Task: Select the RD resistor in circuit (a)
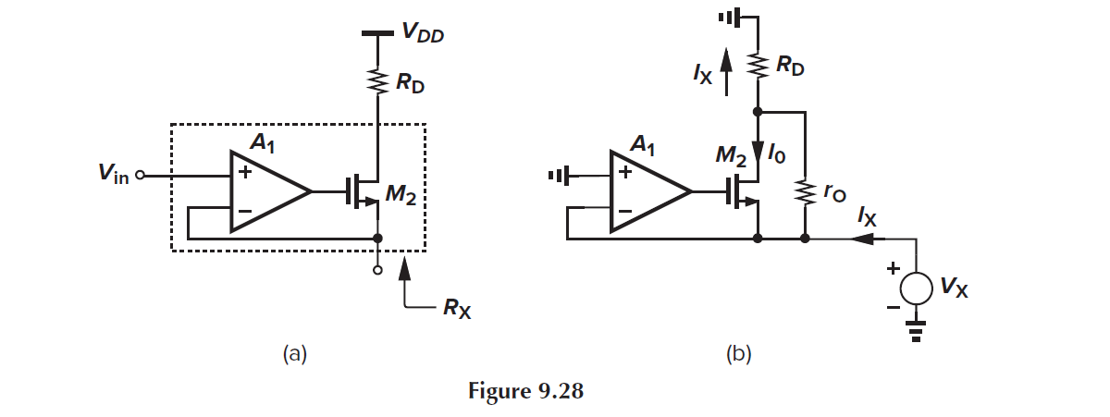(x=377, y=82)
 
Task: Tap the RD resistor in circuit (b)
(x=758, y=66)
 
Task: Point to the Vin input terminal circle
(x=142, y=175)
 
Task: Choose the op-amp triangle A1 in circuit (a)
(x=267, y=192)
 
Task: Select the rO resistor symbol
(x=805, y=190)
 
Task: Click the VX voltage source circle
(x=916, y=288)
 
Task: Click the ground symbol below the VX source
(x=916, y=333)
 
